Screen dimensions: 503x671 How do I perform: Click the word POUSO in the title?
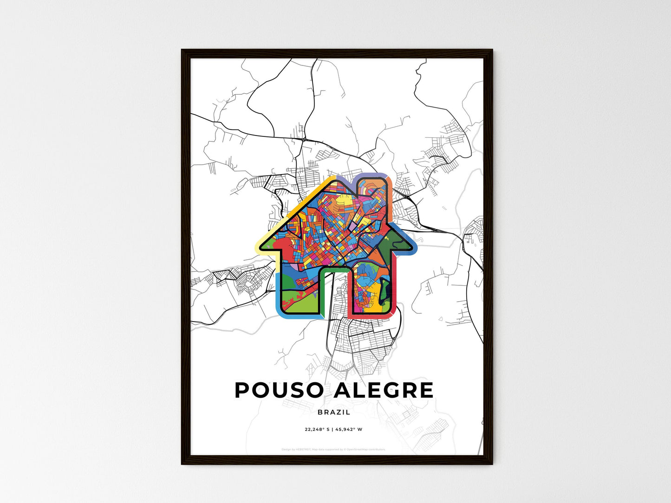(x=279, y=390)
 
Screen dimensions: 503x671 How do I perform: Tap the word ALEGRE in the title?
(x=384, y=390)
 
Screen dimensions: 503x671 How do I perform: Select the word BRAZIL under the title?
(x=334, y=412)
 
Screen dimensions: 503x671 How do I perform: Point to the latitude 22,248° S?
(x=317, y=429)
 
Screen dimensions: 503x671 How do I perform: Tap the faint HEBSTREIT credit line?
(x=333, y=449)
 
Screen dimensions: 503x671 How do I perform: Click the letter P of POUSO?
(x=242, y=390)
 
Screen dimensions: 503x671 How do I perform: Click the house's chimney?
(x=371, y=190)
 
